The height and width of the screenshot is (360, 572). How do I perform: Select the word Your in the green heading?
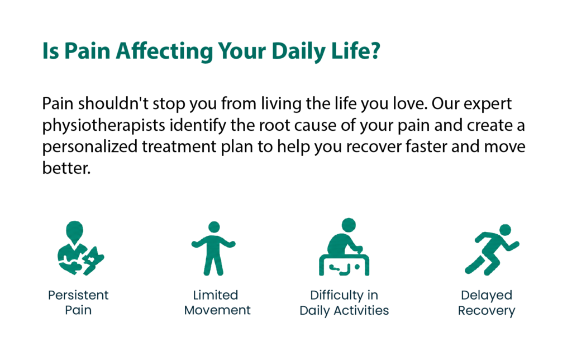click(x=242, y=51)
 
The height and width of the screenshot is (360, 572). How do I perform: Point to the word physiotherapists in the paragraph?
click(x=103, y=126)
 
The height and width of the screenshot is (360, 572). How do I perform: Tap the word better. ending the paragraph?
click(x=66, y=168)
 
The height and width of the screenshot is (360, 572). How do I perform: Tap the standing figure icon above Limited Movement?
click(x=213, y=248)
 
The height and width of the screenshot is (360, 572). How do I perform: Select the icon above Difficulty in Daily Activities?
click(x=344, y=247)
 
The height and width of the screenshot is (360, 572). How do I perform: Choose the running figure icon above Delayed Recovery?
click(x=492, y=249)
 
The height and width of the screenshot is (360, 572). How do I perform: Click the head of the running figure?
click(x=505, y=230)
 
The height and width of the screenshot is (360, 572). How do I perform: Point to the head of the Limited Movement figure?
click(x=214, y=227)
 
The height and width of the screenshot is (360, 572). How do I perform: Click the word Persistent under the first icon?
click(x=78, y=295)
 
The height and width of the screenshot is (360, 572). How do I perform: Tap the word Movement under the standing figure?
click(x=217, y=310)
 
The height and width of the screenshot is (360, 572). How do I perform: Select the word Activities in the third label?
click(x=361, y=310)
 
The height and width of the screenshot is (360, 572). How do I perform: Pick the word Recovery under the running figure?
click(x=487, y=311)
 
